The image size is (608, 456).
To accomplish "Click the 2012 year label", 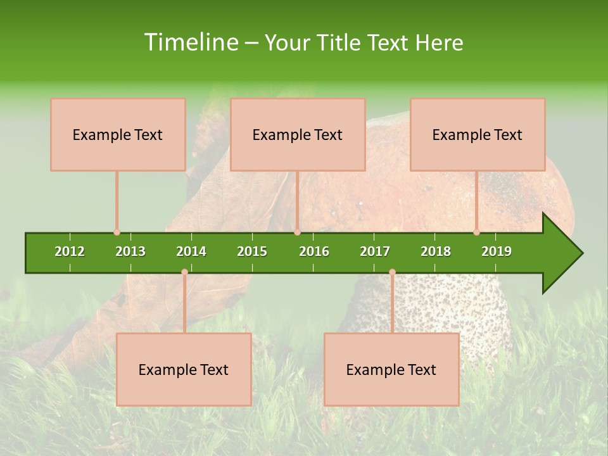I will click(x=70, y=251).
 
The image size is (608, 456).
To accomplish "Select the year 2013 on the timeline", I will click(x=130, y=251).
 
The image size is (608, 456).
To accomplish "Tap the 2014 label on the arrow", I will click(x=191, y=251).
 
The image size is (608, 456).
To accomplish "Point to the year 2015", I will click(x=252, y=251).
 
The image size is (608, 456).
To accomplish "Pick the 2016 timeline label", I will click(x=314, y=251).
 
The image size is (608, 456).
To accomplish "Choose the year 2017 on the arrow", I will click(x=375, y=251).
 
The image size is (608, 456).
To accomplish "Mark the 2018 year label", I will click(x=436, y=251).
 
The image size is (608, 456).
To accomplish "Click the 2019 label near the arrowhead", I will click(x=497, y=251).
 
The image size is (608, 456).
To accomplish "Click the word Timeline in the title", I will click(x=190, y=42).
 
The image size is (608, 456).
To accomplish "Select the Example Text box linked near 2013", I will click(x=118, y=134).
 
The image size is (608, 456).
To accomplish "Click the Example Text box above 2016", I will click(x=298, y=134).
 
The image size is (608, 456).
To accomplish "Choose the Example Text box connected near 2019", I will click(x=478, y=134).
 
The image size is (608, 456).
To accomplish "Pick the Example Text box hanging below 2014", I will click(x=184, y=369).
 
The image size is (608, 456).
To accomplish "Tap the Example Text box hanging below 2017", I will click(x=391, y=369).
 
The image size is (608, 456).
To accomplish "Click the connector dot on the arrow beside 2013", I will click(x=117, y=232).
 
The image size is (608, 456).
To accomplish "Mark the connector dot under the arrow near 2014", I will click(x=184, y=272).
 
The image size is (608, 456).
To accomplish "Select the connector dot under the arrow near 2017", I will click(x=392, y=272).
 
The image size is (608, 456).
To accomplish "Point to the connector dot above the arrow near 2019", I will click(x=476, y=232).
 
